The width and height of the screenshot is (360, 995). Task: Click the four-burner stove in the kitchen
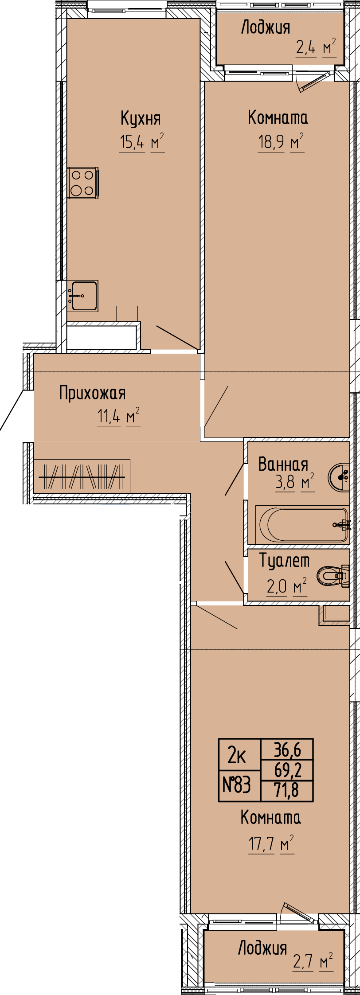(x=83, y=183)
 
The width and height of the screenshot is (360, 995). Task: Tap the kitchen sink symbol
(x=83, y=296)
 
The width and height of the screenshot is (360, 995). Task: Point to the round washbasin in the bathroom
(x=339, y=477)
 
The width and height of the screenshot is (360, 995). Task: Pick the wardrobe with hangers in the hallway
(x=82, y=476)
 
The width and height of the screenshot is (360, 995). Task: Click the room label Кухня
(x=141, y=118)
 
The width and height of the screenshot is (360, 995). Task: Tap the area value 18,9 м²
(x=281, y=142)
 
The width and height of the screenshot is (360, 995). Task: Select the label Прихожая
(x=93, y=393)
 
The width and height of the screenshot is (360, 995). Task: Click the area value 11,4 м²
(x=118, y=417)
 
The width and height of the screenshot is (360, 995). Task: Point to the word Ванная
(x=283, y=464)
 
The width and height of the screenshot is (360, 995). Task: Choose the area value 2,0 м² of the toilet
(x=286, y=586)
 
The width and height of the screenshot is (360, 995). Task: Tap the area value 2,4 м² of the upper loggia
(x=316, y=46)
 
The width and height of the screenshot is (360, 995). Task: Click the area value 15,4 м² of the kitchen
(x=142, y=142)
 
